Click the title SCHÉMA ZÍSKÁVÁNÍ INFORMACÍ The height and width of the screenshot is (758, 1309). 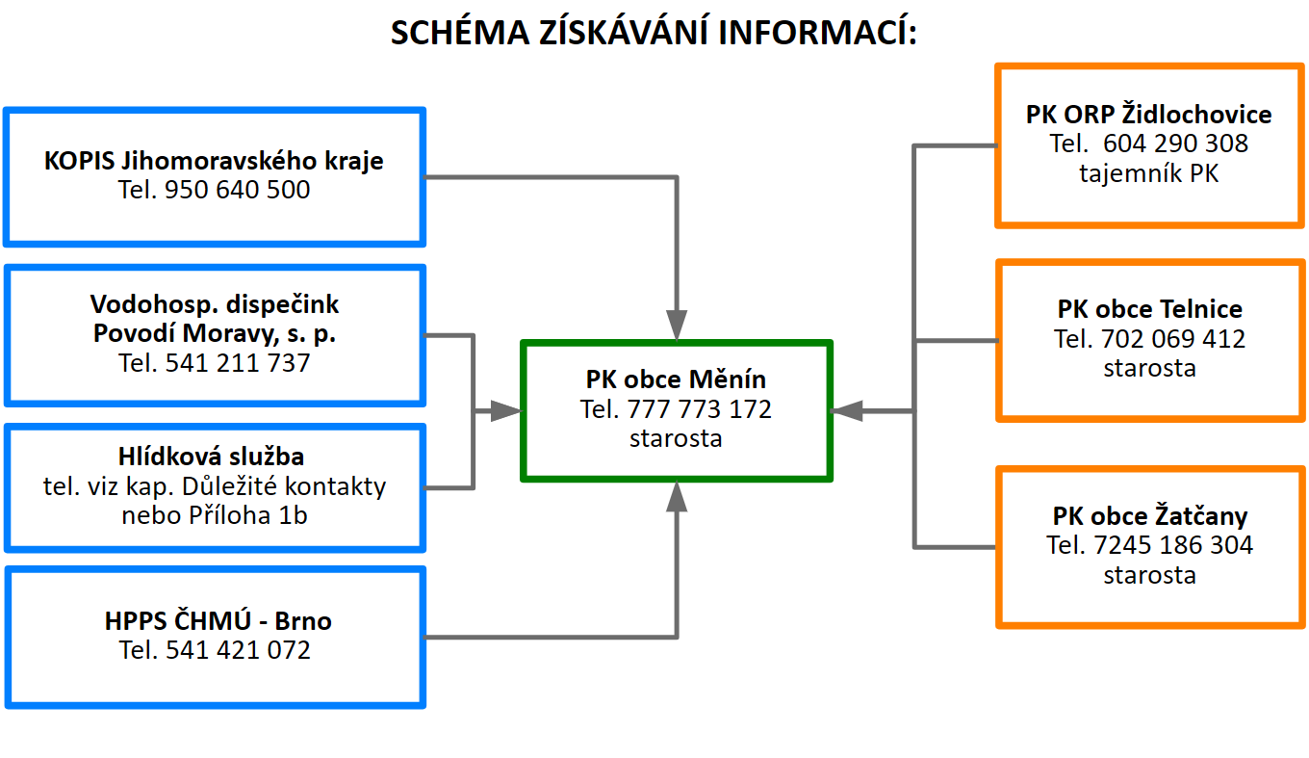[654, 32]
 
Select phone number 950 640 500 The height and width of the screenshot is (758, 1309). [237, 190]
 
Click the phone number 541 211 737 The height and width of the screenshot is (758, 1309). [238, 363]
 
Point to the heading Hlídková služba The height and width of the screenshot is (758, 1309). [211, 457]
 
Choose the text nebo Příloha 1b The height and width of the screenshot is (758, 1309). [215, 515]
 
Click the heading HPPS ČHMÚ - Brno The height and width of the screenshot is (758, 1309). [218, 621]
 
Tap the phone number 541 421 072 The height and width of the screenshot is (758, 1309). [239, 650]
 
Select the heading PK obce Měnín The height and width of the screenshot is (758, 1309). [676, 379]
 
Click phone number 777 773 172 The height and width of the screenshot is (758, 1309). [700, 409]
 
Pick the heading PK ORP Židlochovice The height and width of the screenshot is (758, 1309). [1149, 115]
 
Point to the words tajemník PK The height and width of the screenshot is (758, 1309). [1149, 173]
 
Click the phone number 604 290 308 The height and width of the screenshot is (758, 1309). [1176, 144]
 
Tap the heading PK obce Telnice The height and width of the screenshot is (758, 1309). [1150, 309]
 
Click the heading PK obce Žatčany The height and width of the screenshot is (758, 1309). [1150, 516]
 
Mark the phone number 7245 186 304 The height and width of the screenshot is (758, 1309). [1173, 546]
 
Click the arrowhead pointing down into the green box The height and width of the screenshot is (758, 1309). [677, 325]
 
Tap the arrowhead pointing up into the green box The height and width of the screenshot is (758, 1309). [677, 497]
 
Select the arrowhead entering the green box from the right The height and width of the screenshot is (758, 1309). [847, 411]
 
